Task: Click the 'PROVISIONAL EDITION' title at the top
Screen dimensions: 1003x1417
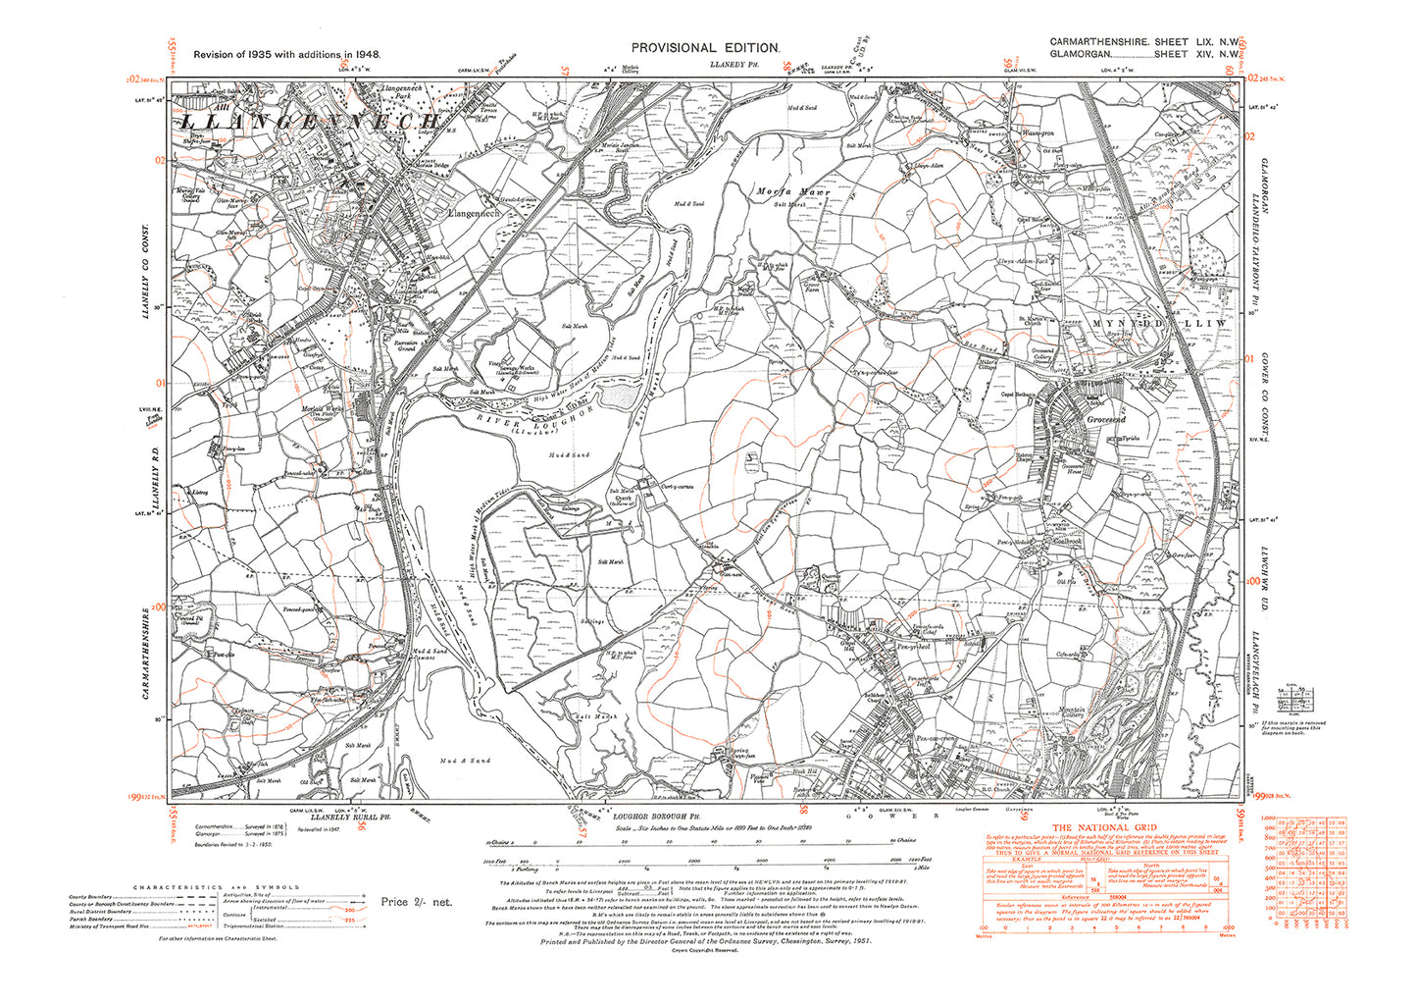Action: point(705,48)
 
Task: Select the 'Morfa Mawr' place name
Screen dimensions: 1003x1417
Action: point(792,192)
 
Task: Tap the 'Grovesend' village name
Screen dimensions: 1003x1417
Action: point(1105,420)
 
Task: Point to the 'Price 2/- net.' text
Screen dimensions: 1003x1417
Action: point(417,902)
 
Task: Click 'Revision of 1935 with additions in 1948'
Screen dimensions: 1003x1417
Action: point(287,57)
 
